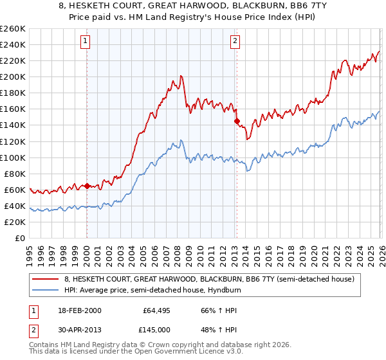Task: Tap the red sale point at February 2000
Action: click(x=87, y=186)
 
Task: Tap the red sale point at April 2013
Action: click(x=237, y=121)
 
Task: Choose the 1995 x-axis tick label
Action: click(x=30, y=253)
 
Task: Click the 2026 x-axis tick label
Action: click(x=380, y=253)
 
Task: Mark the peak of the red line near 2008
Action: click(x=181, y=76)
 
